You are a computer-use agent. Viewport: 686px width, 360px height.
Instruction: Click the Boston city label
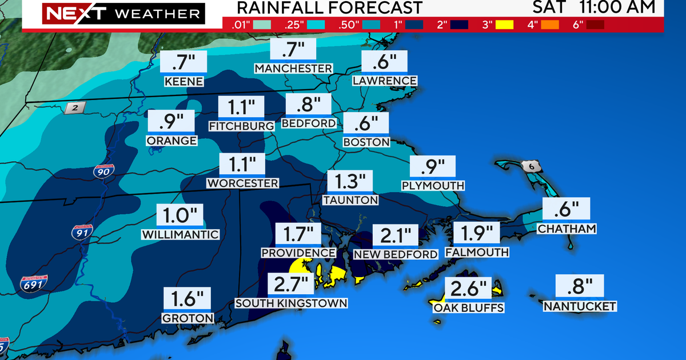[366, 142]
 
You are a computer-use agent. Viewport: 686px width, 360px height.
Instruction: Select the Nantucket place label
[580, 307]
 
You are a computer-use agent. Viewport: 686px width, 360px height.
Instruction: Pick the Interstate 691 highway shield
[34, 283]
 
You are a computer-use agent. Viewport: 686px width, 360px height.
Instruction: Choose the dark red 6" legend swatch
[595, 25]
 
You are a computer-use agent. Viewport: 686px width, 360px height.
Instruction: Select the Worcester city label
[243, 183]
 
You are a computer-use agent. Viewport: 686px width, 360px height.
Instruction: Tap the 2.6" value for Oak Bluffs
[468, 288]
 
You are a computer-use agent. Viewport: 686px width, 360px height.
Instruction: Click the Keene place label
[184, 81]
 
